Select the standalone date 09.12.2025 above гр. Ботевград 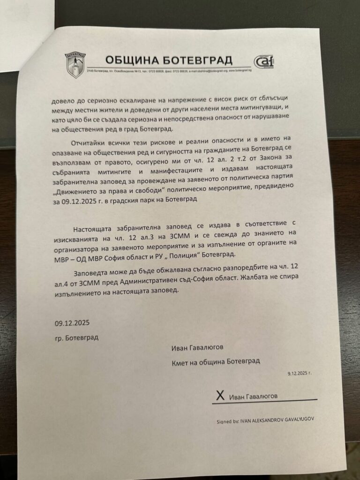pyautogui.click(x=71, y=323)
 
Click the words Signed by pyautogui.click(x=228, y=421)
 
